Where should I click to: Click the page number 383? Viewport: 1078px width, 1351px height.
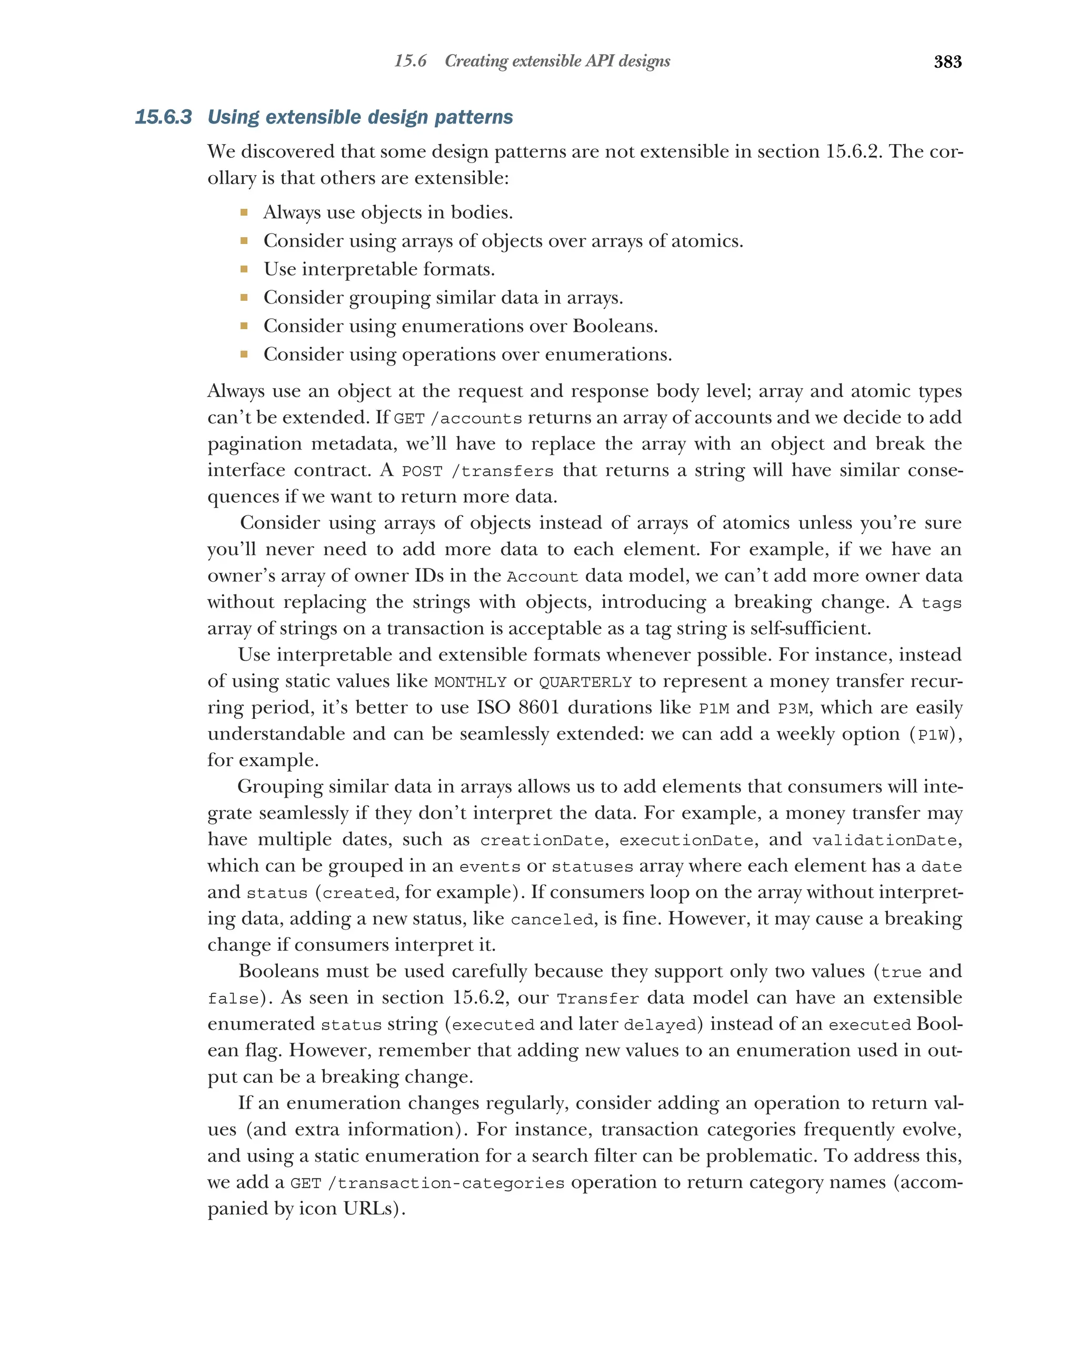pos(947,62)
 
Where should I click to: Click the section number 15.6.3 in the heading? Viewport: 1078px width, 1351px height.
pos(163,117)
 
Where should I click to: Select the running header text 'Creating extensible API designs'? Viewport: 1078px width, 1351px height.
pos(557,61)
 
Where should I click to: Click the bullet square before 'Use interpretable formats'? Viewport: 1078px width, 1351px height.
pos(244,269)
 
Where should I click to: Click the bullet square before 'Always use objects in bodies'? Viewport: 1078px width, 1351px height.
pos(244,212)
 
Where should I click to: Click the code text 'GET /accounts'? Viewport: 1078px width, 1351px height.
pos(458,418)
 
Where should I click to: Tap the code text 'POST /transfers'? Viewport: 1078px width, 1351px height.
pos(477,471)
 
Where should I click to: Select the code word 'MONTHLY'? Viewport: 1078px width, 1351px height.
pos(470,682)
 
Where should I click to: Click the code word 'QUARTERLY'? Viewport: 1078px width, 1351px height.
pos(585,682)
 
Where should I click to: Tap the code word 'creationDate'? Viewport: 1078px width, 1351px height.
pos(541,840)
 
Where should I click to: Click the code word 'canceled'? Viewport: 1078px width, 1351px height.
pos(552,919)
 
